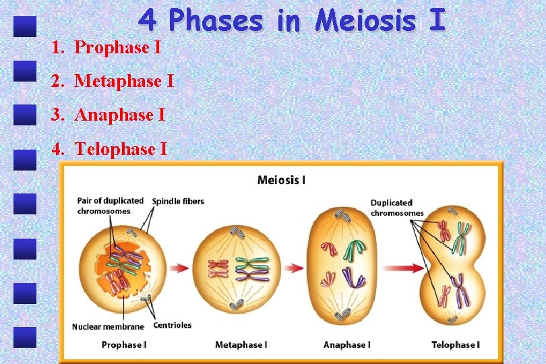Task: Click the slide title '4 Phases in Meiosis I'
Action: [x=291, y=20]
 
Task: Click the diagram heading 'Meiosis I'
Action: [x=281, y=180]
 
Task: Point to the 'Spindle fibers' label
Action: [x=178, y=202]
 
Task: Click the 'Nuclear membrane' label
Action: [x=108, y=327]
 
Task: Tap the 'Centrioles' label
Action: [x=173, y=326]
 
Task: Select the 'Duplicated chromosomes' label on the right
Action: [x=396, y=208]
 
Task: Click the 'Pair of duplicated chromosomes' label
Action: [x=110, y=206]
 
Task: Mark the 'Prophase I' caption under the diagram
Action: [x=124, y=345]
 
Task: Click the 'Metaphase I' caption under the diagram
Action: [x=241, y=345]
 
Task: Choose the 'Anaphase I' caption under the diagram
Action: [x=346, y=345]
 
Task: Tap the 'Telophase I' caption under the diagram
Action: [x=456, y=345]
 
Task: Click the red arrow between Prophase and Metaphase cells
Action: [x=179, y=268]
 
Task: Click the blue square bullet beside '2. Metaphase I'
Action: [x=26, y=71]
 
